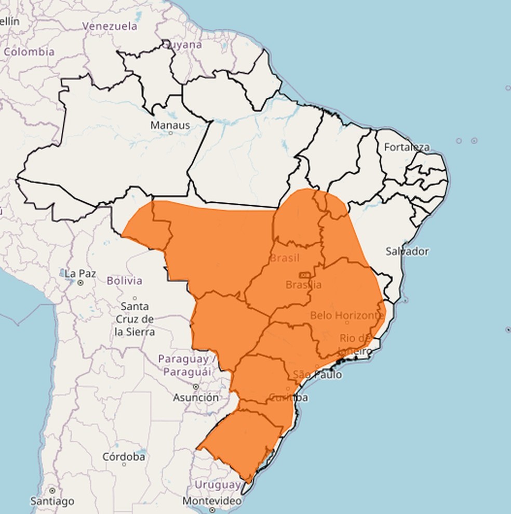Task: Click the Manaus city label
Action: coord(170,125)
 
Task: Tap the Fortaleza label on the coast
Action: coord(407,147)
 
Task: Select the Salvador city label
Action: coord(407,251)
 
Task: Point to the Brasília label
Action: coord(303,284)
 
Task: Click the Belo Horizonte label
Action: coord(347,315)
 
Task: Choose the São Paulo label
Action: coord(317,374)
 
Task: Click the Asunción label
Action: coord(196,398)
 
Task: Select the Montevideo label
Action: coord(212,501)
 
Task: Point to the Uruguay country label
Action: coord(218,485)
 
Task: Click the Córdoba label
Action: coord(124,457)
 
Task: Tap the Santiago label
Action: coord(52,502)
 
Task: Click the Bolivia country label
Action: coord(124,281)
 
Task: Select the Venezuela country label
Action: coord(110,26)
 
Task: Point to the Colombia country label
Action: coord(29,52)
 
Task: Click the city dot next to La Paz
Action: coord(80,283)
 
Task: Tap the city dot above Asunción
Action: coord(196,387)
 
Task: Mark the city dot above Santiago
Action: coord(52,491)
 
